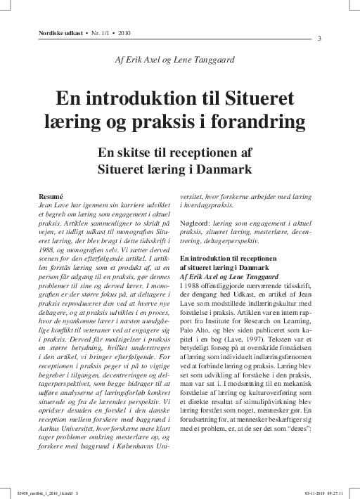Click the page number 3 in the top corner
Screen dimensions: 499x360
click(x=320, y=38)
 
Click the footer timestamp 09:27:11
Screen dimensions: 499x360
click(x=345, y=492)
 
